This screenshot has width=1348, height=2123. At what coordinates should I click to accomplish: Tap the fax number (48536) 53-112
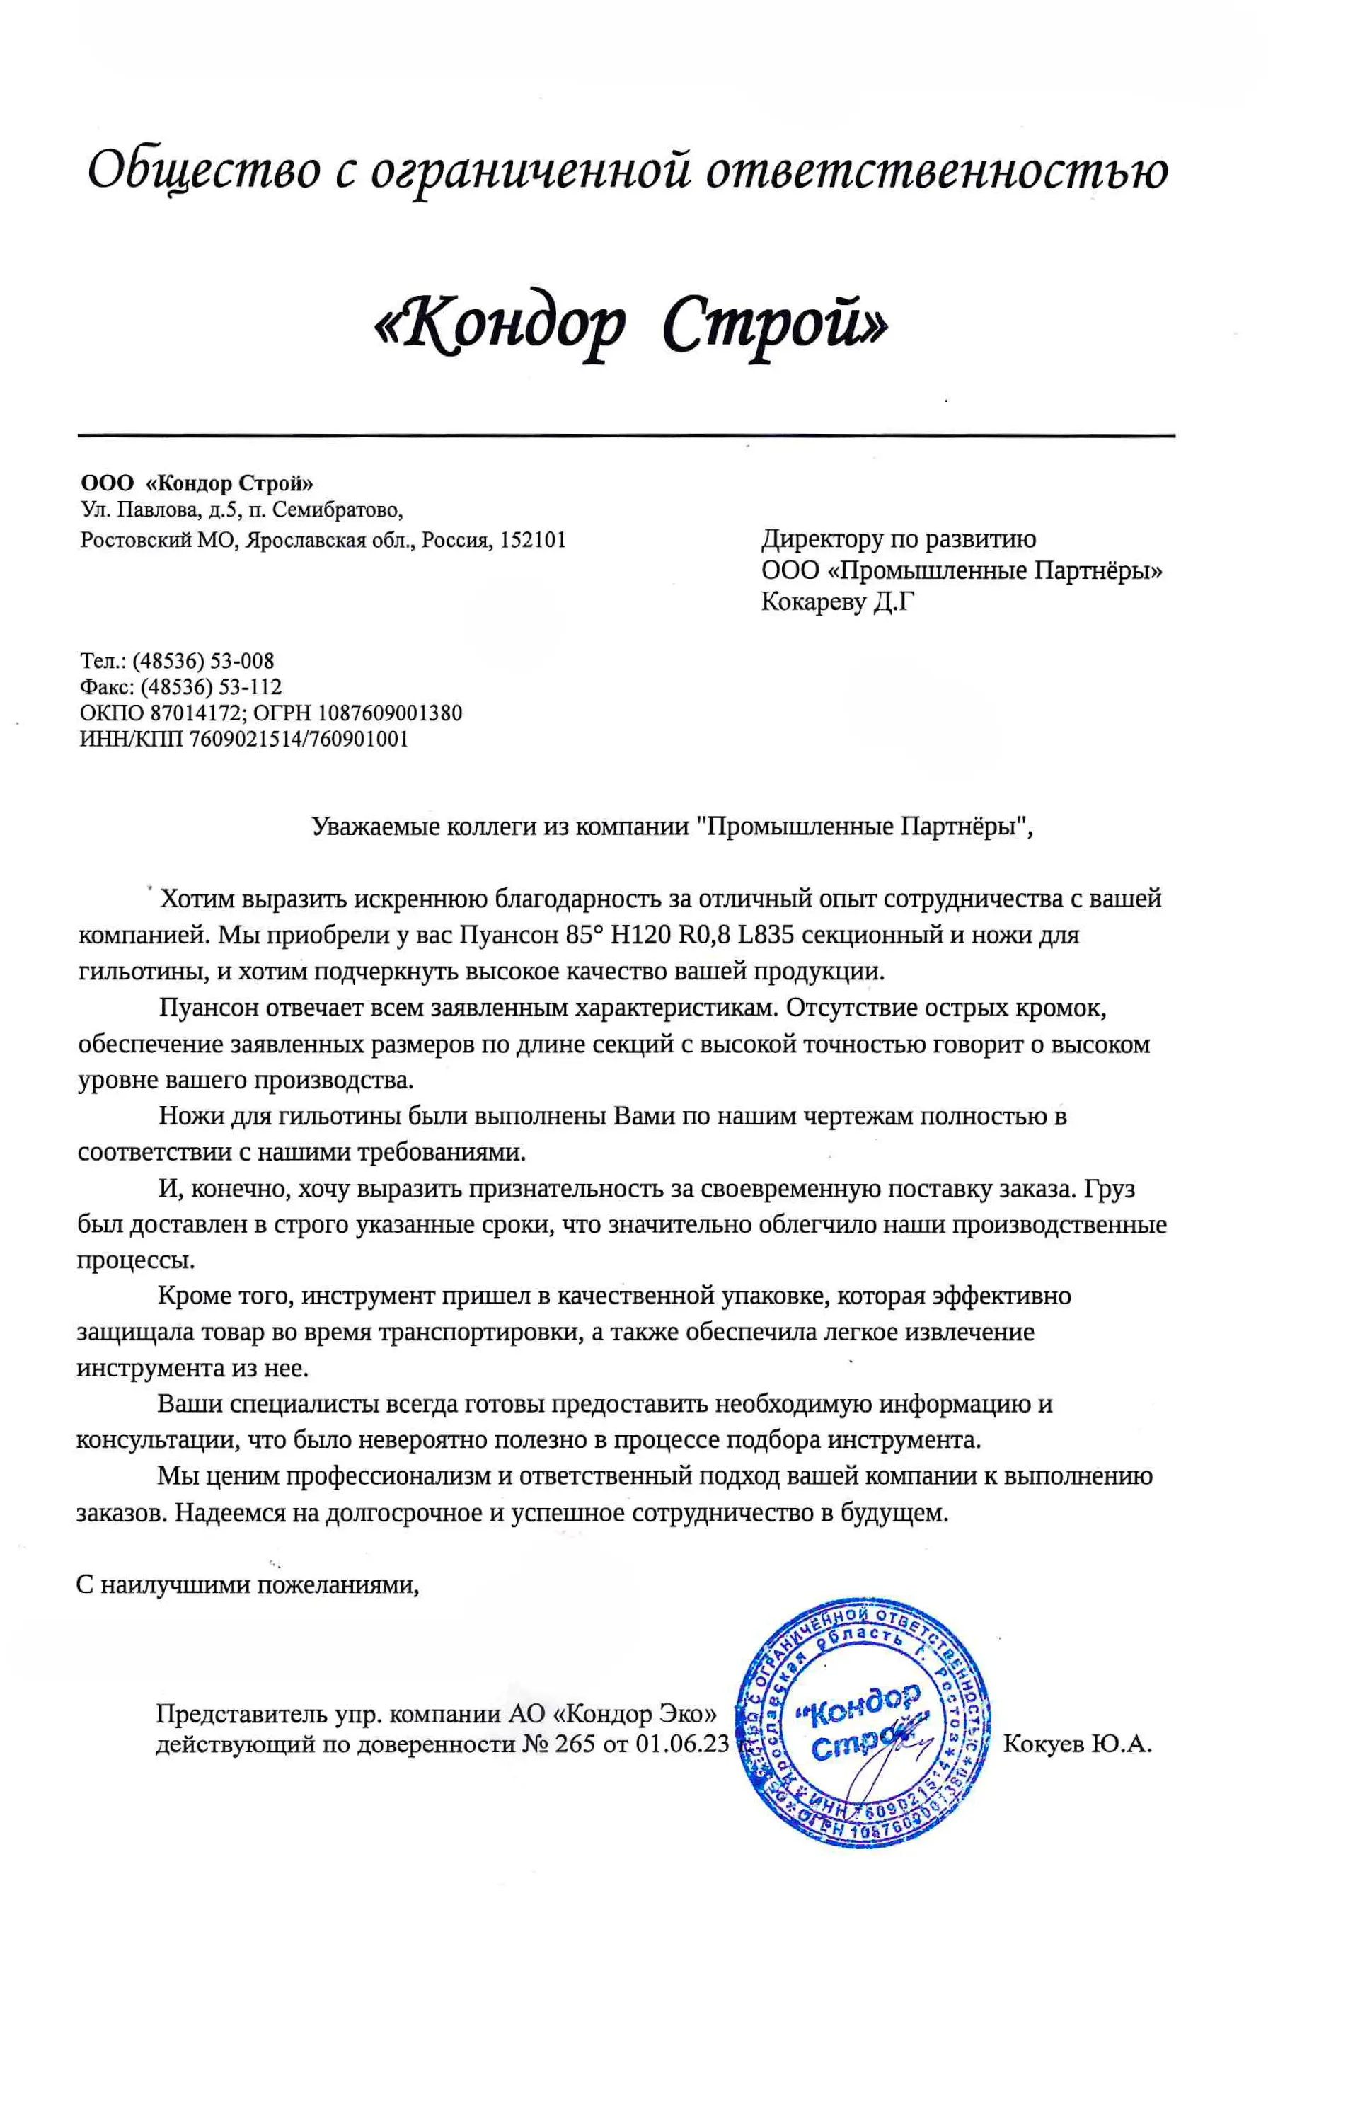211,687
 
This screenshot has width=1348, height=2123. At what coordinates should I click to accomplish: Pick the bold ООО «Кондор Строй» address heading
197,483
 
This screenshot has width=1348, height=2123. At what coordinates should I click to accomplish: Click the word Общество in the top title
203,169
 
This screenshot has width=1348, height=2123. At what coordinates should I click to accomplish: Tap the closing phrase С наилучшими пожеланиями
247,1585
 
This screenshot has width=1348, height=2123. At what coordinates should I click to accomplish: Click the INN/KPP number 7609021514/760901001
299,739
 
